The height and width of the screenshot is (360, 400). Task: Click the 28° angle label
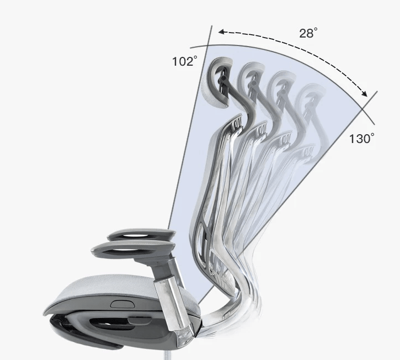(308, 33)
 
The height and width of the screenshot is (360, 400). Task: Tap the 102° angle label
(185, 61)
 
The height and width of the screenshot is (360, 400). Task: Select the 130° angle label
(361, 138)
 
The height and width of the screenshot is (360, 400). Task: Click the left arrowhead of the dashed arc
(221, 32)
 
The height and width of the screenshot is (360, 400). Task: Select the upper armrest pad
(141, 234)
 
